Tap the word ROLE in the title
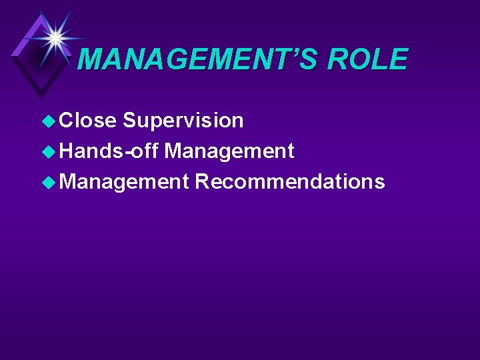click(367, 59)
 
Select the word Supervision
click(183, 121)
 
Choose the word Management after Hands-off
click(229, 152)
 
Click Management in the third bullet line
click(125, 182)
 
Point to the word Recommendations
click(290, 182)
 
